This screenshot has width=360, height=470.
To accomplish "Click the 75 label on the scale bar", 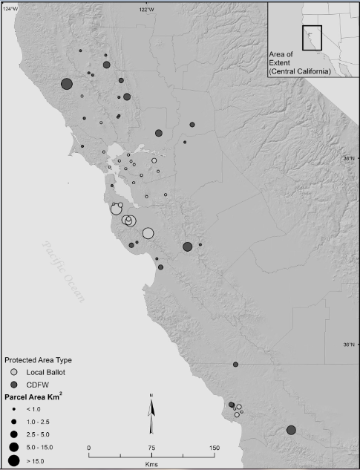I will pyautogui.click(x=151, y=448).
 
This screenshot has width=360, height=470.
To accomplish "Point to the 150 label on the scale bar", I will pyautogui.click(x=215, y=448).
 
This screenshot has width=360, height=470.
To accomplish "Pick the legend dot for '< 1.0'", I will pyautogui.click(x=13, y=408).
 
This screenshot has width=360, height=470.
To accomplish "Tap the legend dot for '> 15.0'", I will pyautogui.click(x=13, y=460).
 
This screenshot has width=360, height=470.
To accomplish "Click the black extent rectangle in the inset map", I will pyautogui.click(x=312, y=36).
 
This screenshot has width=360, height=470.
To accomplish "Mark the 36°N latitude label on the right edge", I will pyautogui.click(x=348, y=345).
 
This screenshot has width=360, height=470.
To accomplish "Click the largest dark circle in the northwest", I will pyautogui.click(x=67, y=84).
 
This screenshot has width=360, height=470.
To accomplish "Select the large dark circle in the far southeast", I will pyautogui.click(x=291, y=430).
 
